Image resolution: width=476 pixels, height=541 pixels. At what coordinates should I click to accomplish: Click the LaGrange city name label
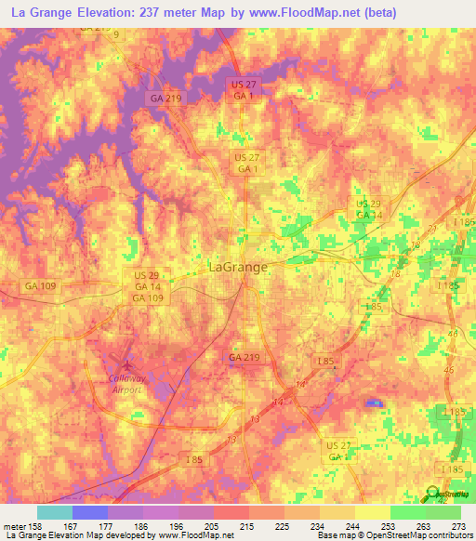pos(235,267)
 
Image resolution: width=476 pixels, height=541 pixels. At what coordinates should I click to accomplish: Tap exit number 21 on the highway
pos(432,228)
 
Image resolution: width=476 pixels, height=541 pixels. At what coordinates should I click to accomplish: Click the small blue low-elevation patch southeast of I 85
pos(373,402)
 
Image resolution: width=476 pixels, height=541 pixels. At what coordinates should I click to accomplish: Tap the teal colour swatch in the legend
pos(55,512)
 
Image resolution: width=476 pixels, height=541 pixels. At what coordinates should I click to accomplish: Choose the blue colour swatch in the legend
pos(90,512)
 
